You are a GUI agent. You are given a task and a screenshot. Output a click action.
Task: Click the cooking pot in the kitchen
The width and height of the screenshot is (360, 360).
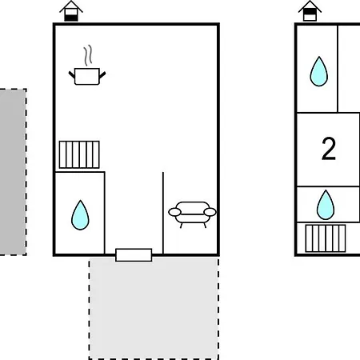pyautogui.click(x=87, y=76)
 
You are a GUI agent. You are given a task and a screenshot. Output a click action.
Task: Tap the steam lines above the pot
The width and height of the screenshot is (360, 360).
pyautogui.click(x=88, y=55)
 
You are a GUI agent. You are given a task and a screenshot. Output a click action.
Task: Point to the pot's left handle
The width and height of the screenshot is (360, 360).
pyautogui.click(x=72, y=74)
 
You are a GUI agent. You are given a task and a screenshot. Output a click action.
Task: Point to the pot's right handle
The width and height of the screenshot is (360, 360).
pyautogui.click(x=102, y=74)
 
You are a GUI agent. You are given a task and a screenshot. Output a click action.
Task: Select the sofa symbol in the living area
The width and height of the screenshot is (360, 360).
pyautogui.click(x=192, y=214)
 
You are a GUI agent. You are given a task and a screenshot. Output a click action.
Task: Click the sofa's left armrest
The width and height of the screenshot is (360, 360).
pyautogui.click(x=174, y=212)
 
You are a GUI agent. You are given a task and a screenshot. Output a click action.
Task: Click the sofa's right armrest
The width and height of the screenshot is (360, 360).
pyautogui.click(x=210, y=212)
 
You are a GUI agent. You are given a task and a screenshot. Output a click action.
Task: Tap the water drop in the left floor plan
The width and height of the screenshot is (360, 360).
pyautogui.click(x=80, y=215)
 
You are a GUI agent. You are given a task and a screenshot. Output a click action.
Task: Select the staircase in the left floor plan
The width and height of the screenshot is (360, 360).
pyautogui.click(x=79, y=154)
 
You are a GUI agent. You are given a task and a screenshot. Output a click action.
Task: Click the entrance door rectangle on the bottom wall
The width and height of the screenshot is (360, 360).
pyautogui.click(x=134, y=255)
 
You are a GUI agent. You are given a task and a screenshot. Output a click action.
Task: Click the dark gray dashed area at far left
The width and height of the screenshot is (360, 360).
pyautogui.click(x=13, y=172)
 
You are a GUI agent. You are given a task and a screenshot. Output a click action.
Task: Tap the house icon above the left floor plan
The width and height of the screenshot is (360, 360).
pyautogui.click(x=71, y=11)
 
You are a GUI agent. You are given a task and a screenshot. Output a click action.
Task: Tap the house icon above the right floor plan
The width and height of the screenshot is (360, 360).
pyautogui.click(x=310, y=10)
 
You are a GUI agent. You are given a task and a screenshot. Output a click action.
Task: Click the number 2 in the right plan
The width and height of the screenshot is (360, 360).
pyautogui.click(x=329, y=149)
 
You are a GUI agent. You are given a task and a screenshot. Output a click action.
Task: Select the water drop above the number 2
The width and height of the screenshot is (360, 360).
pyautogui.click(x=319, y=71)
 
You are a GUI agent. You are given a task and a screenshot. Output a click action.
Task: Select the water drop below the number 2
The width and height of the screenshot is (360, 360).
pyautogui.click(x=326, y=205)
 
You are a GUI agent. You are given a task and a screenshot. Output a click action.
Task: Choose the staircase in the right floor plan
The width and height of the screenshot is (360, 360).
pyautogui.click(x=326, y=238)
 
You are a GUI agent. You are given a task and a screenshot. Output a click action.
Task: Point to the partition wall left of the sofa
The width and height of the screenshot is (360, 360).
pyautogui.click(x=163, y=213)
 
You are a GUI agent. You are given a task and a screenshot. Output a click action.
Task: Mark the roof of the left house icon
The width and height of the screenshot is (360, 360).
pyautogui.click(x=71, y=6)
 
